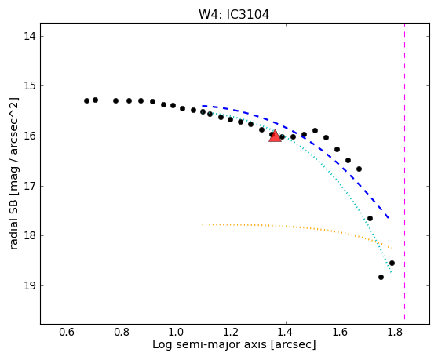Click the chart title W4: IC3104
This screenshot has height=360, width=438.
pos(234,15)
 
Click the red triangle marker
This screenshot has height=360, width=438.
pos(275,136)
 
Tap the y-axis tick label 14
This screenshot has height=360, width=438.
pos(30,36)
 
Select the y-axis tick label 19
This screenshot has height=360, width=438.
pos(30,285)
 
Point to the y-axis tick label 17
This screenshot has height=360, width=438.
pos(30,186)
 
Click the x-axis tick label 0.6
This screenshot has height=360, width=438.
pos(67,332)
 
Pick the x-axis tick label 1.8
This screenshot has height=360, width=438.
pos(396,332)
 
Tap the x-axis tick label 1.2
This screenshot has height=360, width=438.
pos(231,332)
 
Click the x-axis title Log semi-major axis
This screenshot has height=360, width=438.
pos(210,345)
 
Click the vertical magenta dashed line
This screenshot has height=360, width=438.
pos(404,171)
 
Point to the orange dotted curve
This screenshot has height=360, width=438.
pos(297,227)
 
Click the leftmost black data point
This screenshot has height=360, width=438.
pos(86,100)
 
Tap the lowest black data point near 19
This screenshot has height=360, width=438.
pos(381,277)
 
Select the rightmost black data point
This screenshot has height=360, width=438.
pos(392,263)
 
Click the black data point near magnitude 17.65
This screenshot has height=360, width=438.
pos(370,218)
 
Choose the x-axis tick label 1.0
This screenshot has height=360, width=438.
pos(177,332)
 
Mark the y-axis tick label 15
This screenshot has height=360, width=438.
pos(30,86)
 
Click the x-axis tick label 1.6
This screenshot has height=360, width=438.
pos(341,332)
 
